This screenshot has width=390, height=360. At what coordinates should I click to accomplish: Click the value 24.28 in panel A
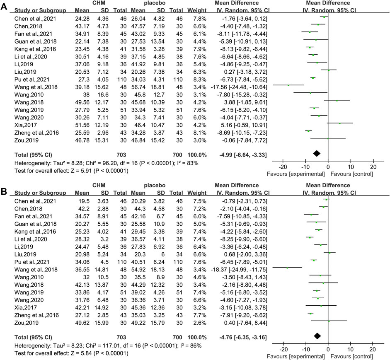pos(82,19)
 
